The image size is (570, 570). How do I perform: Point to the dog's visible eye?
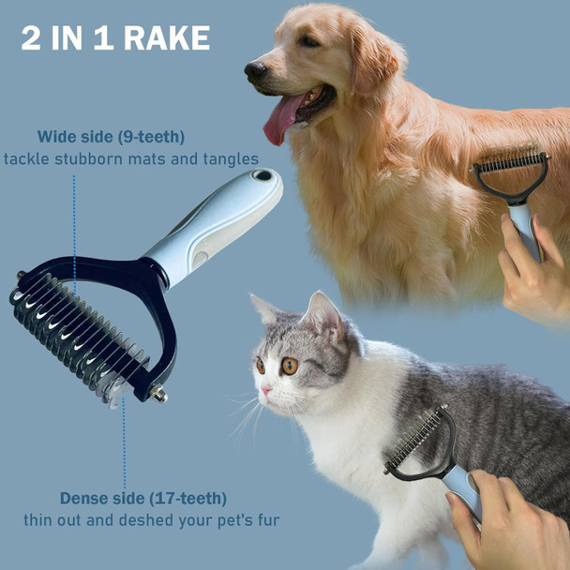click(308, 41)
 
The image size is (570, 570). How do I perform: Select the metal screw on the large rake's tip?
click(159, 395)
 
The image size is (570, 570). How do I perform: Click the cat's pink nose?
click(266, 389)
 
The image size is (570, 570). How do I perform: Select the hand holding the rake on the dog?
click(534, 272)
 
